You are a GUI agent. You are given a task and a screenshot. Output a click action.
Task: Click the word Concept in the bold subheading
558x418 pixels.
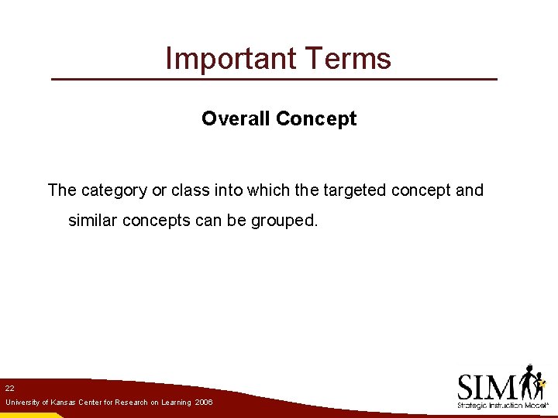(x=315, y=118)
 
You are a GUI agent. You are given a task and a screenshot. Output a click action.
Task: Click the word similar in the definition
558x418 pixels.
(x=93, y=220)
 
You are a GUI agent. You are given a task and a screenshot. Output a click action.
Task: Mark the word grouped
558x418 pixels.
(x=284, y=220)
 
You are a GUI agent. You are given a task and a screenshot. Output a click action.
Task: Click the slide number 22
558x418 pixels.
(x=9, y=387)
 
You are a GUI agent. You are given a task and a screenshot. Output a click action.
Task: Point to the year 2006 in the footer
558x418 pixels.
(x=204, y=403)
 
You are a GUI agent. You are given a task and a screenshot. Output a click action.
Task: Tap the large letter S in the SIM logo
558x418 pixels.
(x=468, y=386)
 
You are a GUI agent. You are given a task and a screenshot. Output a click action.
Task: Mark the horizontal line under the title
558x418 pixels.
(x=274, y=80)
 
